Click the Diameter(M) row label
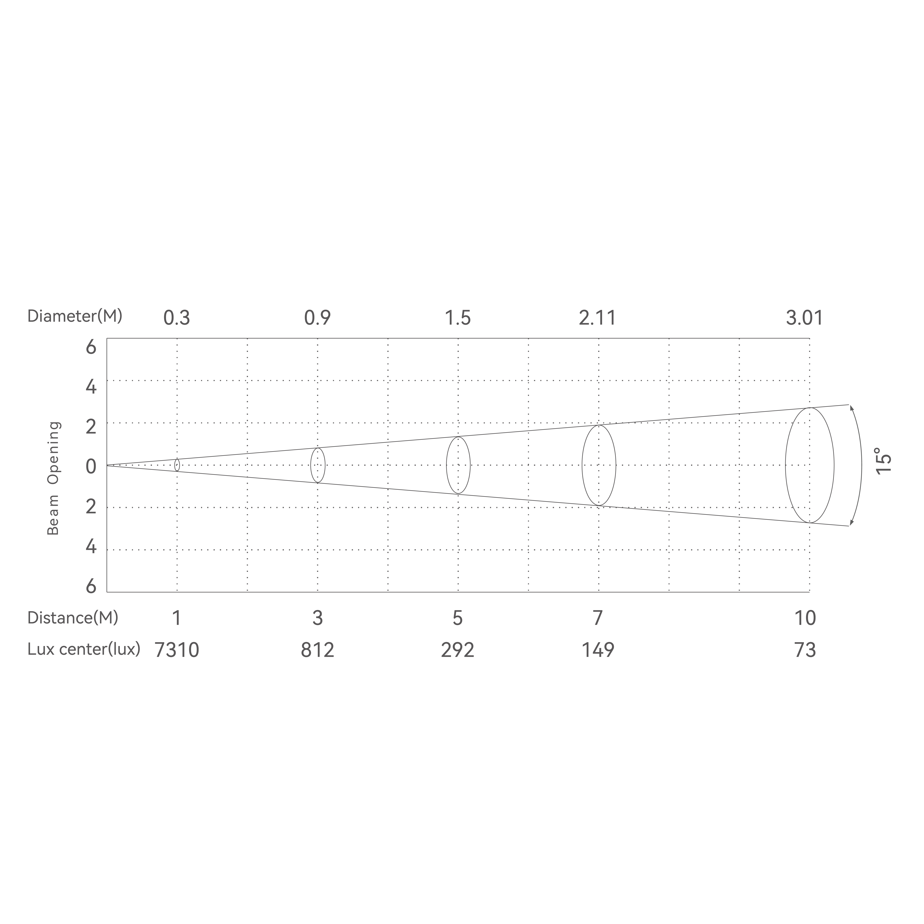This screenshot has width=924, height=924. (x=75, y=316)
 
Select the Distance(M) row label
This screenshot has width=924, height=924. (x=73, y=618)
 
